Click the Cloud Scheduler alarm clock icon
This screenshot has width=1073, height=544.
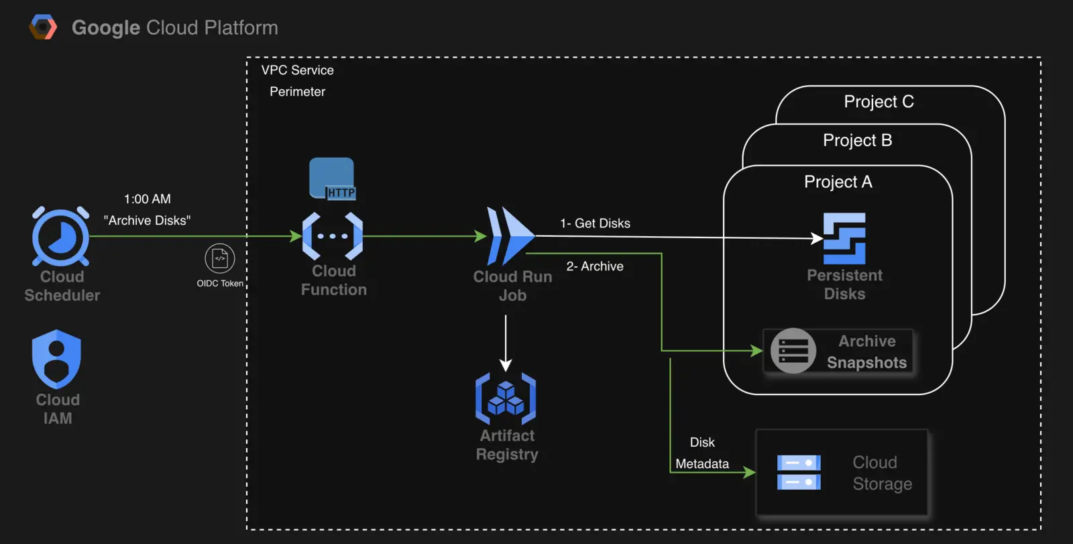(x=61, y=236)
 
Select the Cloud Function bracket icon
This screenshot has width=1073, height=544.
(x=333, y=236)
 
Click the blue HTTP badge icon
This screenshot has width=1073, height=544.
(x=332, y=179)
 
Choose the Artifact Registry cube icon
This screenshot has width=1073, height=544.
(x=506, y=398)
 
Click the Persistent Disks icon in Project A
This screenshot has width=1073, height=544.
(x=844, y=238)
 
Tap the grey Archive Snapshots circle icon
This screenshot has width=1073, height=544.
(x=793, y=351)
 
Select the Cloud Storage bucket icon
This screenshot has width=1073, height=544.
(x=799, y=472)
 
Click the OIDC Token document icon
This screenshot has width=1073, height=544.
(x=220, y=258)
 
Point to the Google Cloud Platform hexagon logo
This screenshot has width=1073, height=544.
(x=43, y=27)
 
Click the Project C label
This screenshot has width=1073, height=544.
(x=879, y=101)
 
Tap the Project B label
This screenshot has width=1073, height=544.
(x=858, y=140)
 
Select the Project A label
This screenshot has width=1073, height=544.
(x=838, y=182)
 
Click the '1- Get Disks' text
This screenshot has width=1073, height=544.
(x=595, y=223)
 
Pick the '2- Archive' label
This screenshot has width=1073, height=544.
(x=595, y=266)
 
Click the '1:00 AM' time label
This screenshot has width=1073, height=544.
(x=147, y=199)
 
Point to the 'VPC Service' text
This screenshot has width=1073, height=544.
(x=298, y=70)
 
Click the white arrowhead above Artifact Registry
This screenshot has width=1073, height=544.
(x=506, y=365)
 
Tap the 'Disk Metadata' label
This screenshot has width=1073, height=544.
(x=702, y=453)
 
